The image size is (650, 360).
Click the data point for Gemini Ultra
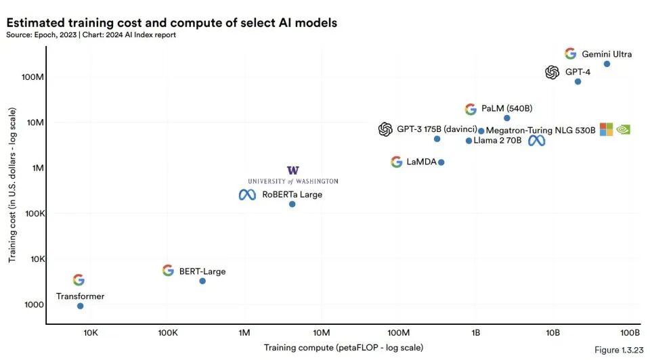click(607, 64)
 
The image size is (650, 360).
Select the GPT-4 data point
click(578, 82)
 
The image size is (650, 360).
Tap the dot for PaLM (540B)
click(507, 118)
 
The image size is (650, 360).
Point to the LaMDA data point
click(441, 162)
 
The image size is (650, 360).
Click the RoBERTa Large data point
click(292, 204)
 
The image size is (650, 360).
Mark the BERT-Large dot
click(202, 282)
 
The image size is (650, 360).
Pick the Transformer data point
click(81, 306)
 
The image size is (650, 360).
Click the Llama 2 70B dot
click(469, 141)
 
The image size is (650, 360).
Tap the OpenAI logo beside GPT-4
click(552, 72)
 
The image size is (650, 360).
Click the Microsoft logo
click(607, 129)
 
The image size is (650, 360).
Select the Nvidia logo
click(624, 130)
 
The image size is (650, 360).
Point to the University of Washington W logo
click(293, 171)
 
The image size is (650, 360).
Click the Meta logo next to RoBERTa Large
click(248, 195)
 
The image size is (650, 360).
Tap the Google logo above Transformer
click(79, 280)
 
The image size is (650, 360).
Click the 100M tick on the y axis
click(32, 77)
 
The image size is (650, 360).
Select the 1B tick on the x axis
click(476, 333)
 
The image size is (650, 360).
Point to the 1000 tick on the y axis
click(34, 305)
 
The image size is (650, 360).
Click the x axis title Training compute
click(344, 348)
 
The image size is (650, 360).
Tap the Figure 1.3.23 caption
click(619, 350)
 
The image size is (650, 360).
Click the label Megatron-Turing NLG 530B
click(540, 131)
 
